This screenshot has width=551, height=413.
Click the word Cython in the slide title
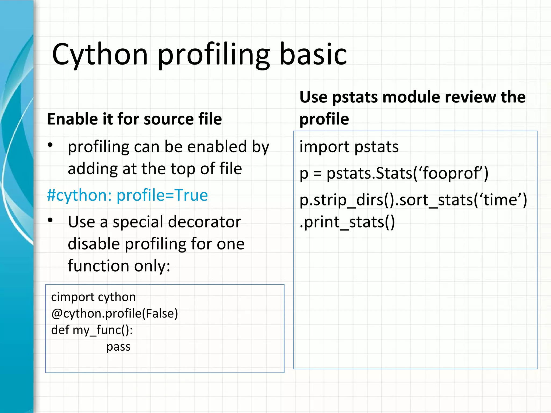click(100, 55)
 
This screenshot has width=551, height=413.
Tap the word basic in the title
click(313, 55)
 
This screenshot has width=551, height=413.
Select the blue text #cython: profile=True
click(127, 195)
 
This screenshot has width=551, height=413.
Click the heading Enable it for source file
click(134, 119)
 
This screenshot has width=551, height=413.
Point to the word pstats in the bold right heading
click(355, 97)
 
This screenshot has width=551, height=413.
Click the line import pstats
click(349, 147)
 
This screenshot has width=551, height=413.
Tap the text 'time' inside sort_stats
click(500, 200)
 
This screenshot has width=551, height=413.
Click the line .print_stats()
click(347, 222)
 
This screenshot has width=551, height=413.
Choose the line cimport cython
click(93, 297)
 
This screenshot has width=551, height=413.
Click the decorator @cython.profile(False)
click(115, 314)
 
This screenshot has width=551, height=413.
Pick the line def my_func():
click(92, 330)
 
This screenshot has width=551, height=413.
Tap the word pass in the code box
click(118, 347)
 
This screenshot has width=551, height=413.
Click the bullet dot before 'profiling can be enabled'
click(50, 145)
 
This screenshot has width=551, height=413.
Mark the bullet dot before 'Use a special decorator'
click(50, 220)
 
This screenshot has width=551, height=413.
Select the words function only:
click(119, 266)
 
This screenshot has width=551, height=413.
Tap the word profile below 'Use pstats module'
click(324, 119)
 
